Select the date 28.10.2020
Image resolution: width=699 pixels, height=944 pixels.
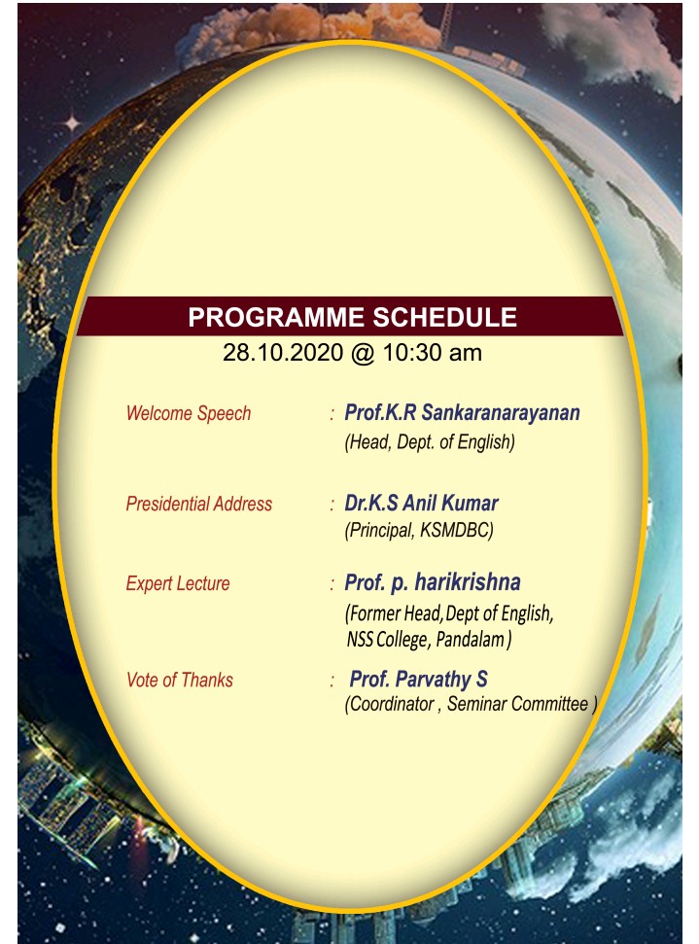click(x=282, y=353)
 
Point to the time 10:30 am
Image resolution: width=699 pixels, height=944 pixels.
click(x=432, y=353)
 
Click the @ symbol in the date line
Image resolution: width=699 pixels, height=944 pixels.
click(x=363, y=354)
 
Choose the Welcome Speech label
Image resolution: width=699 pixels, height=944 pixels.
click(x=189, y=413)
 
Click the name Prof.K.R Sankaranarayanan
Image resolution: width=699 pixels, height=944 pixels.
click(x=462, y=413)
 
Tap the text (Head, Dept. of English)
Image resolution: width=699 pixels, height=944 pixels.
click(x=430, y=442)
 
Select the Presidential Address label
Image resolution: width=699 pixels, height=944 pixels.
click(x=198, y=504)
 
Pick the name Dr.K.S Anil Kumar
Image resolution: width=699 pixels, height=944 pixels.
click(x=421, y=504)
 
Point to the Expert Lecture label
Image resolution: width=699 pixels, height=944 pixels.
click(x=178, y=583)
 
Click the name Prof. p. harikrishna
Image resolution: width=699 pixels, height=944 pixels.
click(x=433, y=582)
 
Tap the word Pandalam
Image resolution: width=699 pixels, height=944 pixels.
click(x=470, y=640)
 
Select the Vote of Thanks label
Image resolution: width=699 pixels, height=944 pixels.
click(x=180, y=681)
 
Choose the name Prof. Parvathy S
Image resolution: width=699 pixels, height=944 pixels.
click(x=418, y=680)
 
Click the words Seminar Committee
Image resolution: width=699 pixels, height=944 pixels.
click(x=517, y=704)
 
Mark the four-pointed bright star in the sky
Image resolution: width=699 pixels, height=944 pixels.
click(x=72, y=123)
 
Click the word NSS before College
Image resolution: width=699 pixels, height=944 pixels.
click(x=360, y=640)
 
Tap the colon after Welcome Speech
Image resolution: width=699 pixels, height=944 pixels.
click(x=332, y=414)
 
